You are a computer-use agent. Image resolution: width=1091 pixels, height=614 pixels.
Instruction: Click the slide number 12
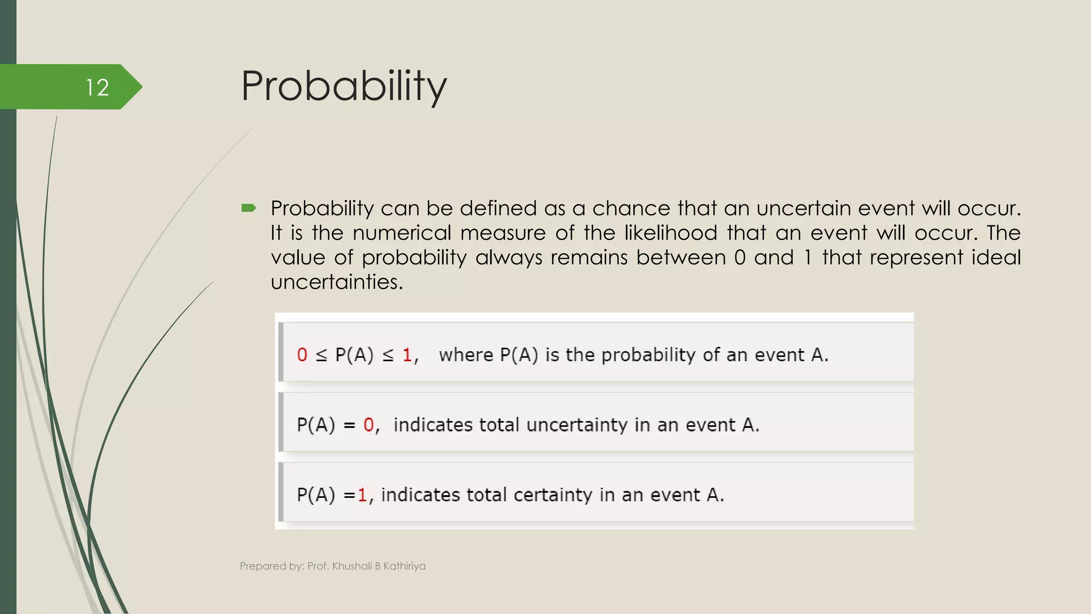coord(97,87)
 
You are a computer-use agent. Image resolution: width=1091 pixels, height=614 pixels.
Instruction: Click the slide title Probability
coord(344,86)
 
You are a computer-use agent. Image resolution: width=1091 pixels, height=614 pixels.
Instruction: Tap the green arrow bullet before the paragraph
coord(249,208)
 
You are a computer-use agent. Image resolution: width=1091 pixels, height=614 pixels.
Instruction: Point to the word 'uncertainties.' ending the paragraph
coord(337,282)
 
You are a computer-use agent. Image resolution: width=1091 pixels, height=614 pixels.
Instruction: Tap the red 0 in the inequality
coord(302,355)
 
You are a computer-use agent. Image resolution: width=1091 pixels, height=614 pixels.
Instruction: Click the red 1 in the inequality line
coord(407,355)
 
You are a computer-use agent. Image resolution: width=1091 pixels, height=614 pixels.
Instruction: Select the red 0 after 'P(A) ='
coord(369,425)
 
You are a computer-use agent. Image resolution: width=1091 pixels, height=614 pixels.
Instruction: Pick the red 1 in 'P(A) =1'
coord(362,495)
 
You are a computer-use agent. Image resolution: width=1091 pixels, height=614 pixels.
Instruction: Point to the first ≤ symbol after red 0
coord(321,356)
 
